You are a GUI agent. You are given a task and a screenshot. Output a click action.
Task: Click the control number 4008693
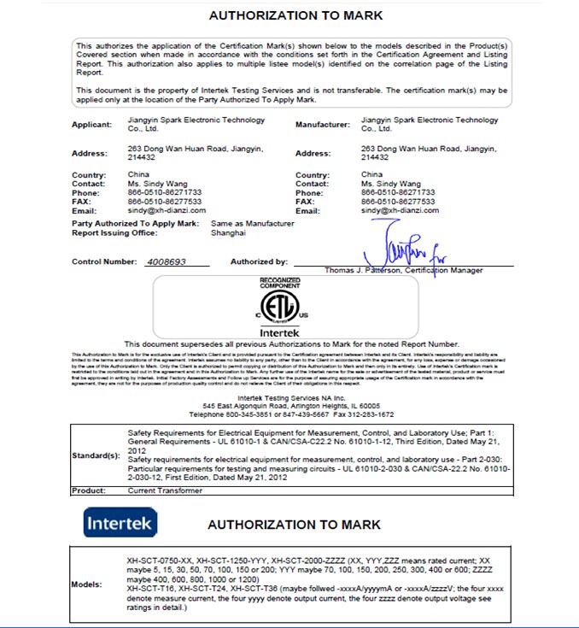click(167, 262)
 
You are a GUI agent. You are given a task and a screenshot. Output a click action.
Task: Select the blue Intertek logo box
click(120, 522)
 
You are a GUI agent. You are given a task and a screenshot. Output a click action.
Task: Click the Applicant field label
click(91, 125)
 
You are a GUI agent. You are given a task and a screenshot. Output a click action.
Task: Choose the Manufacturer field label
click(322, 125)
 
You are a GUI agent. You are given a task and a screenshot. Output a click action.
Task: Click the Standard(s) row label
click(95, 455)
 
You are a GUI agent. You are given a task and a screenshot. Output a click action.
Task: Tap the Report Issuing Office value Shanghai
click(226, 232)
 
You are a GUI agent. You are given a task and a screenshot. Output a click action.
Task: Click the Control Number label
click(104, 262)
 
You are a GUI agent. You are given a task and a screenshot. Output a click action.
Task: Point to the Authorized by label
click(259, 262)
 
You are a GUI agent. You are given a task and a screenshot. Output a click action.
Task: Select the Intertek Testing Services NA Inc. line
click(285, 397)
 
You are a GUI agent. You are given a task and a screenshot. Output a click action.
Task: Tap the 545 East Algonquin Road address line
click(285, 405)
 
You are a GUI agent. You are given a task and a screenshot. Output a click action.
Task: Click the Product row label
click(88, 491)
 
